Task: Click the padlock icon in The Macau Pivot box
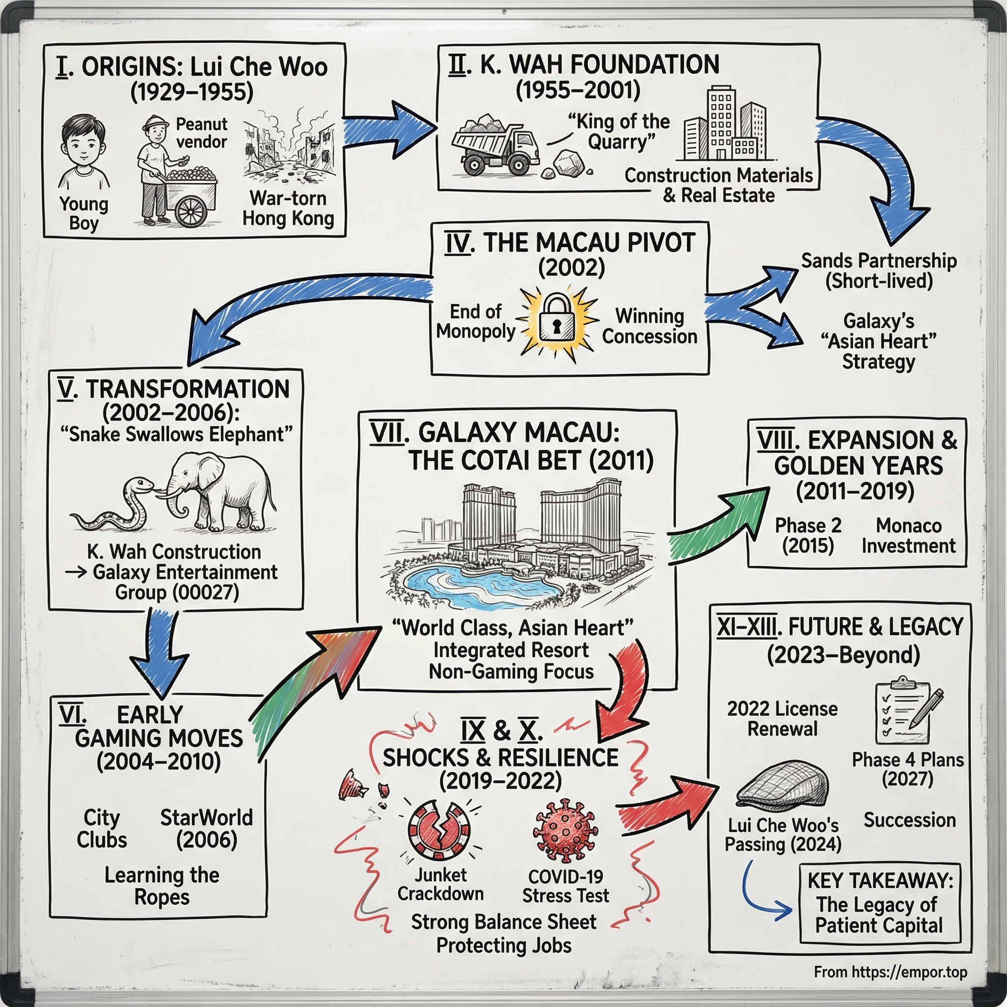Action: click(557, 318)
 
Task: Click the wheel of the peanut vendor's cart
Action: click(191, 211)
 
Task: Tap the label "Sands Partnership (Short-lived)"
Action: click(879, 270)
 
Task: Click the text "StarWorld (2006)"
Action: click(207, 829)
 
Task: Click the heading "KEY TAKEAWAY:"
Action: click(880, 880)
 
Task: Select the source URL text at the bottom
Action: click(890, 972)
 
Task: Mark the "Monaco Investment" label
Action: click(909, 535)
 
